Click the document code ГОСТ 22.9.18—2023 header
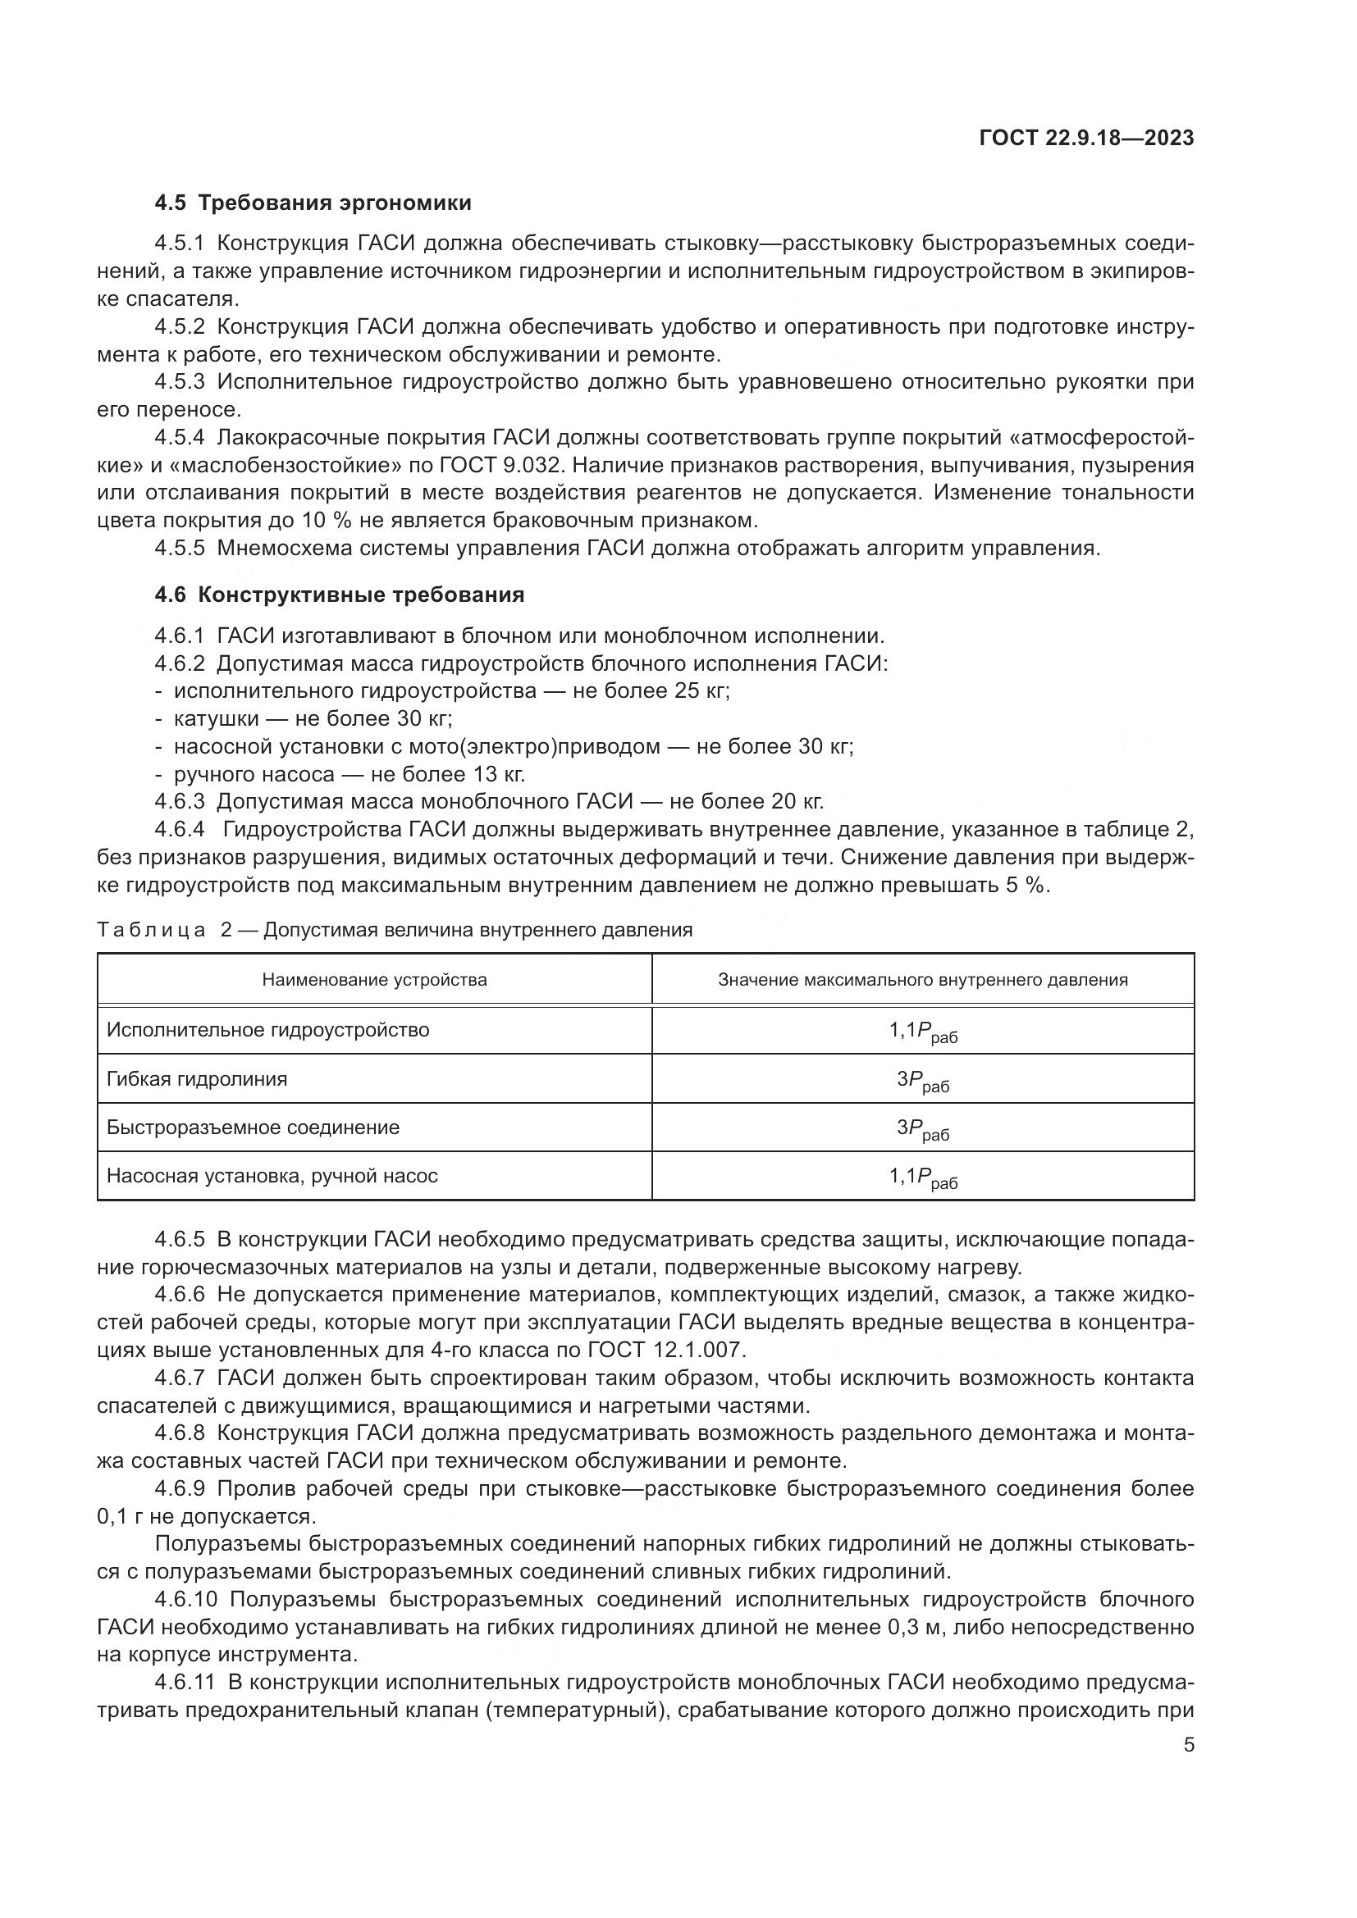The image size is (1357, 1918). (1085, 139)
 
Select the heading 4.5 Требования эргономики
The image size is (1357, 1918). (313, 203)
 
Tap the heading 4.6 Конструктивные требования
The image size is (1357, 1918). (340, 595)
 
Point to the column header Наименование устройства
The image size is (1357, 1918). (374, 980)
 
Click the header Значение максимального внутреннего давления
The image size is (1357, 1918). (922, 980)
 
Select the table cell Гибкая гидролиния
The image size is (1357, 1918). (197, 1079)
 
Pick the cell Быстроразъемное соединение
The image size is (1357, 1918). (254, 1128)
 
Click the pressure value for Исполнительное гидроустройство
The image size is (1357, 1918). (922, 1032)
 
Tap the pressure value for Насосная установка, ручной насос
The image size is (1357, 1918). (922, 1178)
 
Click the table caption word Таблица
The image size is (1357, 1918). (151, 931)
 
